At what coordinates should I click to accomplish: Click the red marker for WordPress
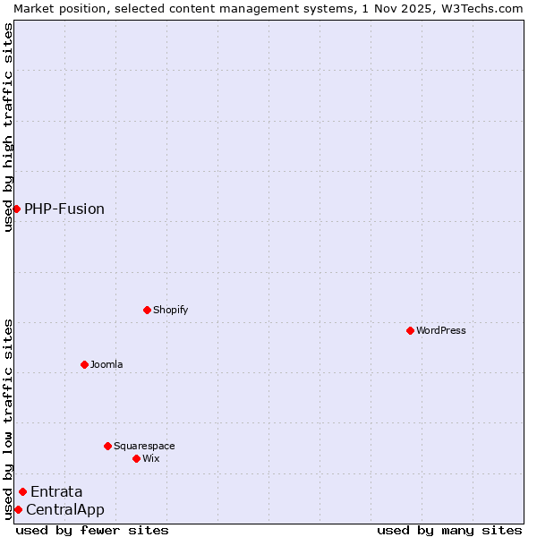tap(410, 330)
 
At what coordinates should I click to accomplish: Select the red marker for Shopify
tap(147, 310)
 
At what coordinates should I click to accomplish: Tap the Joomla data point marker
tap(84, 364)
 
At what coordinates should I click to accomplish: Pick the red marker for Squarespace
tap(107, 446)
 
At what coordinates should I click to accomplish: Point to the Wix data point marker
tap(136, 458)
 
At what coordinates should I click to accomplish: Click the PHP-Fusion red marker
tap(16, 209)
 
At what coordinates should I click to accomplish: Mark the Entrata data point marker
tap(22, 491)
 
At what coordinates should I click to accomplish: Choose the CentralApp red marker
tap(18, 509)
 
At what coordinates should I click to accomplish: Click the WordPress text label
tap(441, 330)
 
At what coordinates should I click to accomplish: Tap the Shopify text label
tap(170, 310)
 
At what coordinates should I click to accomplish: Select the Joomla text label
tap(107, 364)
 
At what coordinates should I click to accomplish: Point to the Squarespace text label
tap(144, 446)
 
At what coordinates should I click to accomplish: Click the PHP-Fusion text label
tap(64, 209)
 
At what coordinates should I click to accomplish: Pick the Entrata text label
tap(56, 491)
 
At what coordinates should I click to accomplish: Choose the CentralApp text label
tap(65, 510)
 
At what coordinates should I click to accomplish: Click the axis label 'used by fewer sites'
tap(92, 530)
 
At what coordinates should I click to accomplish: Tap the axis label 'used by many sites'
tap(449, 530)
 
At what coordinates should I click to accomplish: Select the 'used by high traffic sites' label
tap(8, 127)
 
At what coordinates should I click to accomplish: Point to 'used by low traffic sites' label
tap(8, 419)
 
